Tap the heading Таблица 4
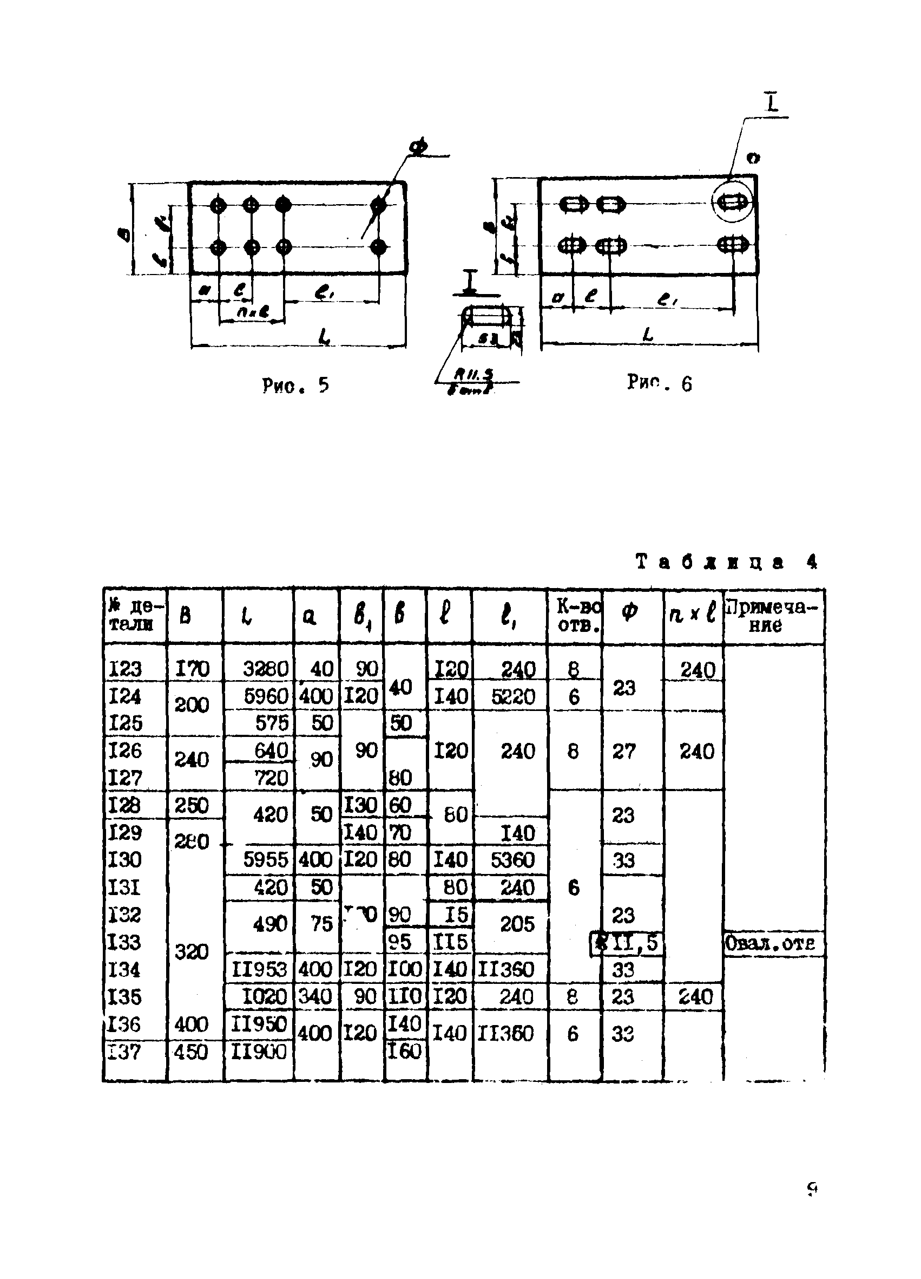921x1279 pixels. pos(726,562)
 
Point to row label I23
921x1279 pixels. pos(124,669)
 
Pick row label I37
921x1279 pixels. pos(123,1051)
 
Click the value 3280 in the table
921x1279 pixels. pos(265,669)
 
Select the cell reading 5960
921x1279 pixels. pos(266,696)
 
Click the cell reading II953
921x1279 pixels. pos(259,969)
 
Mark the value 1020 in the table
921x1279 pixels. pos(264,996)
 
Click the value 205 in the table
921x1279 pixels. pos(517,924)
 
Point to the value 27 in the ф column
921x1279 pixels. pos(623,751)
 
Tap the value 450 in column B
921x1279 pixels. pos(191,1052)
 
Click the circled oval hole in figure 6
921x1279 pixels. pos(732,202)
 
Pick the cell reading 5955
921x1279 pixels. pos(265,860)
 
